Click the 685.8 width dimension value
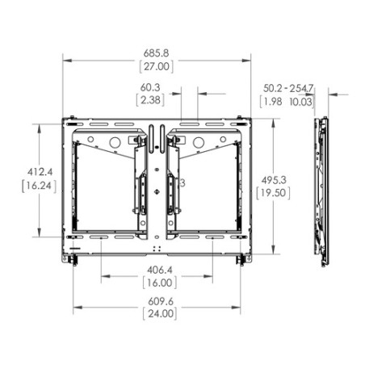pyautogui.click(x=156, y=53)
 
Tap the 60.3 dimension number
pyautogui.click(x=150, y=87)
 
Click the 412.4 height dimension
pyautogui.click(x=33, y=172)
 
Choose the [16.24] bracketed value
pyautogui.click(x=33, y=185)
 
